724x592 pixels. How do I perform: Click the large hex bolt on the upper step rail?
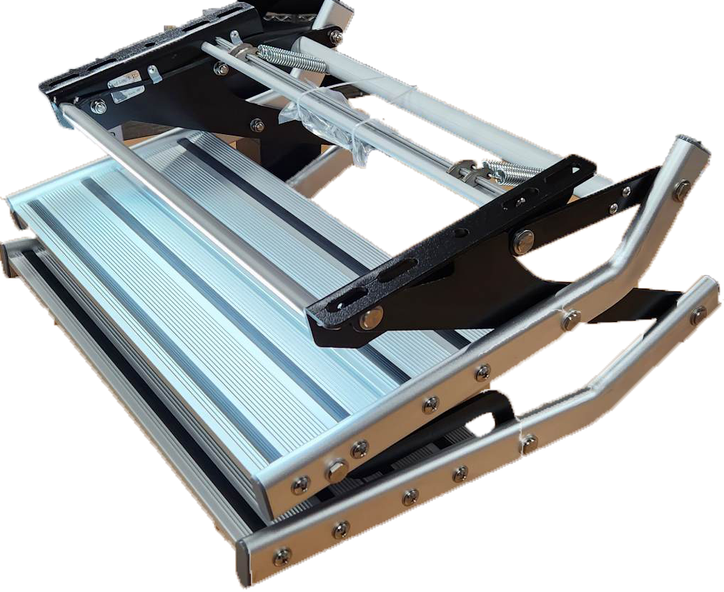335,471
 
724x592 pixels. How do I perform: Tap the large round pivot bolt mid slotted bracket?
522,241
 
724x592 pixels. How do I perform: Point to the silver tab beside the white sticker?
153,74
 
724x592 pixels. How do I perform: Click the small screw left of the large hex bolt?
301,485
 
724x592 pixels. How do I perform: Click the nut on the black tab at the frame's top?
334,37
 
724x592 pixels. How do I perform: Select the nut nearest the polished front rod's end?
99,107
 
